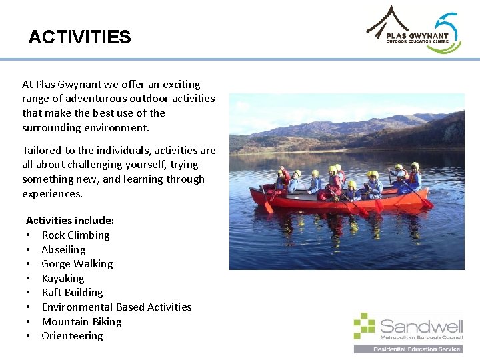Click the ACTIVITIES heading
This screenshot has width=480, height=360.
tap(79, 37)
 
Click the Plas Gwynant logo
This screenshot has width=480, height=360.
tap(414, 29)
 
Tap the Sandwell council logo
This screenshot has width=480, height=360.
tap(408, 332)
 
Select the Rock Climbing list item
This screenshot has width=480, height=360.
tap(75, 235)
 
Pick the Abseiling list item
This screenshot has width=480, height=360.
tap(63, 250)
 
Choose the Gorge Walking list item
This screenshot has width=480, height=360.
tap(77, 264)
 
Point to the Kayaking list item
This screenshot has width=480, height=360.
tap(63, 279)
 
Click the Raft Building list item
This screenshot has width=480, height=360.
tap(72, 293)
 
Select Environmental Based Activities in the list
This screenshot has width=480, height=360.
tap(116, 307)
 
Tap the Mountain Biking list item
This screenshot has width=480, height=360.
tap(81, 322)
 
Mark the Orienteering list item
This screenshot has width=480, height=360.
tap(72, 336)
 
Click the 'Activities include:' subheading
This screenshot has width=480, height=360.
tap(70, 221)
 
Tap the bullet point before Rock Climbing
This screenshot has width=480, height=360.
tap(29, 235)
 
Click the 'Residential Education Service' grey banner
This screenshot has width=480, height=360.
tap(408, 349)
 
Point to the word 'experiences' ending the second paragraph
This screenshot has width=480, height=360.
tap(51, 194)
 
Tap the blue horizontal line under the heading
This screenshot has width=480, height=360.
tap(240, 59)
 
